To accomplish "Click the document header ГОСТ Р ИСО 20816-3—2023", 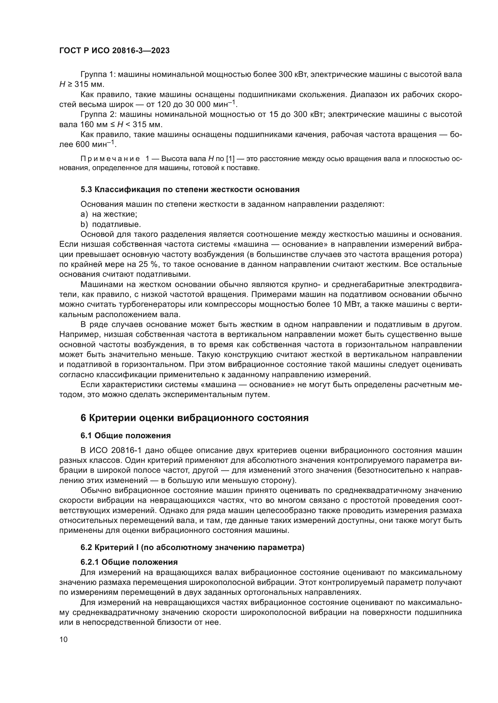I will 114,51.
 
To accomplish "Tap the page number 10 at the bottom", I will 64,639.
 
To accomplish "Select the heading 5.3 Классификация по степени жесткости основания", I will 190,190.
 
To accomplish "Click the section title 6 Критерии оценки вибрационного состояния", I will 195,418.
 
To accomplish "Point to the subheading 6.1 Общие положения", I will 126,436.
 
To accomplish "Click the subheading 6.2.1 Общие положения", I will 129,562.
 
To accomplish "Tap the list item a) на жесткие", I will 109,214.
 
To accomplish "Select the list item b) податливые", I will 111,224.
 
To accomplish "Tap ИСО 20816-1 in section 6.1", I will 116,451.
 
